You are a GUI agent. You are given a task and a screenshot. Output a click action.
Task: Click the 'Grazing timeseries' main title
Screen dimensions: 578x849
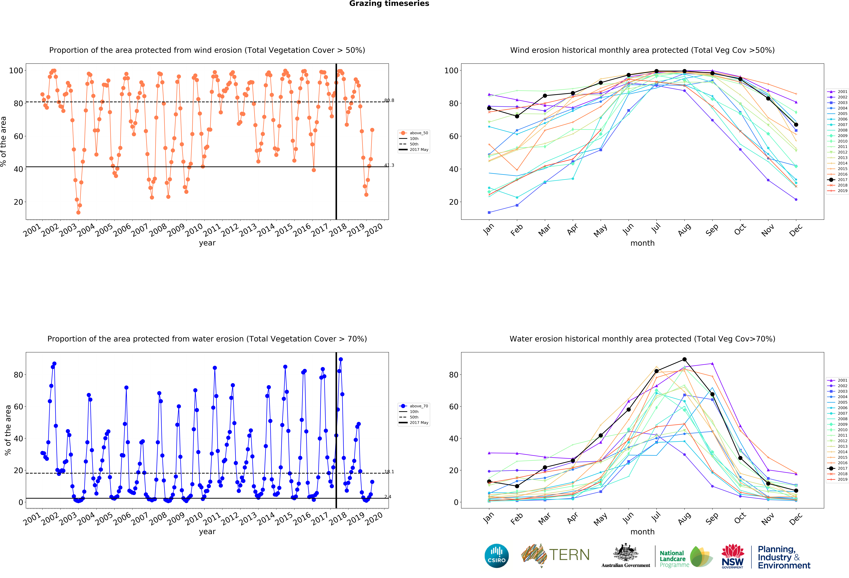(x=389, y=4)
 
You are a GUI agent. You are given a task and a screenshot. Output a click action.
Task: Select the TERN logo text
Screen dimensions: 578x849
(x=569, y=555)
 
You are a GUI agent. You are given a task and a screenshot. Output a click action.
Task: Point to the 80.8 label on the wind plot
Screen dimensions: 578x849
(x=389, y=100)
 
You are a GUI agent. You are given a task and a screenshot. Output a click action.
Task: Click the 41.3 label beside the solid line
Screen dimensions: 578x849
(x=389, y=165)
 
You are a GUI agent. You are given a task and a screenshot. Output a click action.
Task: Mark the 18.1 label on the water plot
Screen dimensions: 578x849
(x=389, y=472)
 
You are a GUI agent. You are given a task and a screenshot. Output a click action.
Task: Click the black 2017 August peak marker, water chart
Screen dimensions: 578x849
(x=684, y=359)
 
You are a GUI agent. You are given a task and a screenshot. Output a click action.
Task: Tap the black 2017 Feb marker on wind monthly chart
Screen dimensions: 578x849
(x=517, y=116)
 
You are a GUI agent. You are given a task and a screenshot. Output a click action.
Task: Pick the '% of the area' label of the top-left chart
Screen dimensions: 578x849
(x=4, y=142)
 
